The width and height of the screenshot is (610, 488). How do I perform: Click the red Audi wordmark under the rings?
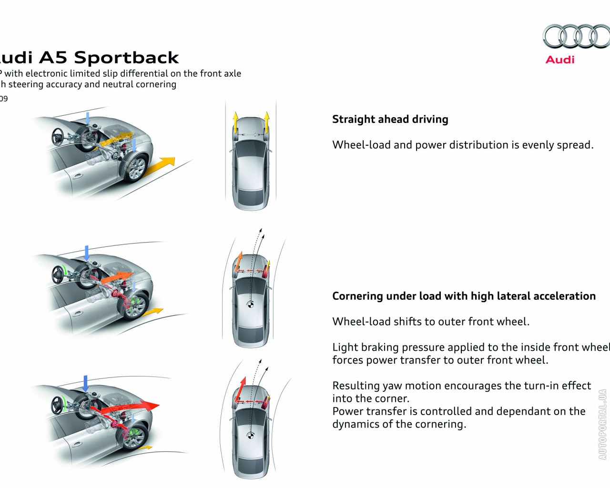(x=560, y=60)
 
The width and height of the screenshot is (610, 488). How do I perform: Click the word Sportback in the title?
(x=126, y=58)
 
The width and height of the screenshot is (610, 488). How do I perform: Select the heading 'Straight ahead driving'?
(x=390, y=119)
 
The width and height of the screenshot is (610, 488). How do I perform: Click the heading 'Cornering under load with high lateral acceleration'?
(x=464, y=296)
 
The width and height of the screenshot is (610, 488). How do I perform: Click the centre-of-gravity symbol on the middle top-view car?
(x=250, y=305)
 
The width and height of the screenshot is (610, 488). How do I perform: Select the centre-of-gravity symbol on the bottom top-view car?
(x=250, y=435)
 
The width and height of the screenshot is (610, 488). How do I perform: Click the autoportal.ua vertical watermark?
(x=602, y=425)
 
